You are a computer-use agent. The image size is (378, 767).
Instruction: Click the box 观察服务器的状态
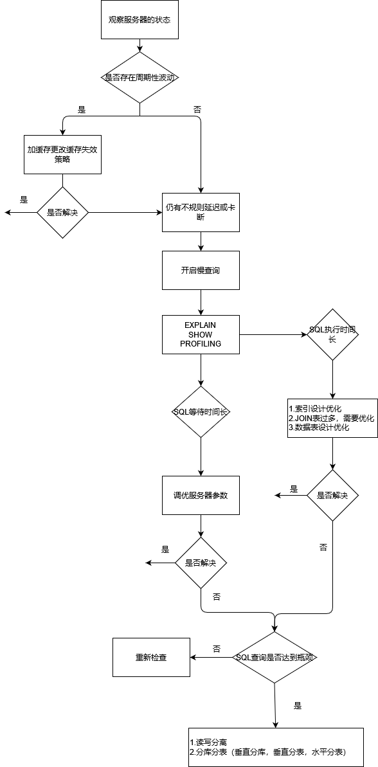click(x=139, y=19)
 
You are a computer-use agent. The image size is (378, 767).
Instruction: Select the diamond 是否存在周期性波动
click(x=139, y=77)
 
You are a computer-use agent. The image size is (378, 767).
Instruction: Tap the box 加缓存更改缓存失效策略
click(x=62, y=154)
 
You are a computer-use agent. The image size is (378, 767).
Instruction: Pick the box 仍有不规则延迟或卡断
click(x=201, y=212)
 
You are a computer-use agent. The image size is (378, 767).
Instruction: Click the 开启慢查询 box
click(x=201, y=270)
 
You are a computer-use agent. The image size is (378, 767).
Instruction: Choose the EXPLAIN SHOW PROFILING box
click(x=201, y=334)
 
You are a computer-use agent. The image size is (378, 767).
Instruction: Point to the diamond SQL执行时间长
click(x=332, y=334)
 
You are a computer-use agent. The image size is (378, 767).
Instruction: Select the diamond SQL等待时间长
click(x=201, y=411)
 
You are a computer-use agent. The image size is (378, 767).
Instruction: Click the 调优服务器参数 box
click(x=201, y=495)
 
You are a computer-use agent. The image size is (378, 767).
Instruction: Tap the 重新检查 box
click(x=151, y=657)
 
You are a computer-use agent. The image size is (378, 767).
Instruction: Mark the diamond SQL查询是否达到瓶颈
click(x=275, y=657)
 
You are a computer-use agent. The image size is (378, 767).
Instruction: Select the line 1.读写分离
click(x=208, y=742)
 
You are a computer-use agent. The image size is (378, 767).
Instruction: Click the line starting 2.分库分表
click(x=267, y=752)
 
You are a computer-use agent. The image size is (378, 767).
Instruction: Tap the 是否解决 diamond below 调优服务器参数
click(x=201, y=563)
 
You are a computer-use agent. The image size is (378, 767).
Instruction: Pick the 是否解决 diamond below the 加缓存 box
click(x=62, y=212)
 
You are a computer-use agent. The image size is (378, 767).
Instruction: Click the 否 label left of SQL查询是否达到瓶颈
click(x=217, y=649)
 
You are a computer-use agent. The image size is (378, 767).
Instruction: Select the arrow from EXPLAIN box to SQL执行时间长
click(x=273, y=334)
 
